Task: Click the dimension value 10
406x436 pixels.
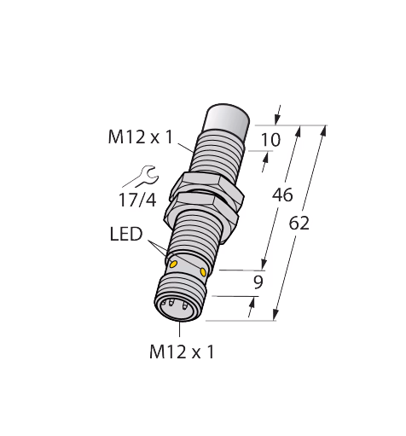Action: [x=270, y=140]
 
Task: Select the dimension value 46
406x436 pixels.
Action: [x=282, y=195]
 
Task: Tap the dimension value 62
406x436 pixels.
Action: [x=299, y=223]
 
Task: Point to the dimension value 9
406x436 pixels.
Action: [x=258, y=282]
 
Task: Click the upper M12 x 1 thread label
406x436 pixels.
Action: [x=141, y=137]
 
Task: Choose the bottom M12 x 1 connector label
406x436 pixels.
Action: [x=182, y=352]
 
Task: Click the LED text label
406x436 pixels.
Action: [x=126, y=235]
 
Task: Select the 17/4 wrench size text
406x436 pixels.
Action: [x=137, y=200]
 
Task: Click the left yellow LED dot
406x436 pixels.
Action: [x=173, y=265]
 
